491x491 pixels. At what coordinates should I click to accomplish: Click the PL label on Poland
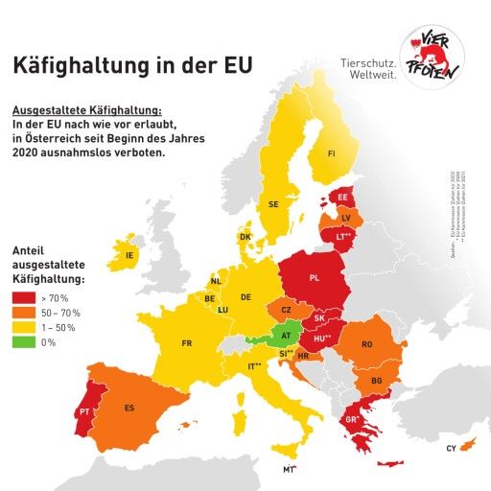(x=314, y=278)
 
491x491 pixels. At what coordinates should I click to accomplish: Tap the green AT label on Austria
(x=286, y=336)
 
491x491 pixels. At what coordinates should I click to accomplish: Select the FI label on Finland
(x=331, y=153)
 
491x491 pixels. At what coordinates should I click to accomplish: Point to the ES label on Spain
(x=129, y=408)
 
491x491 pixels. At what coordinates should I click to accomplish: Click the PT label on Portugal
(x=85, y=411)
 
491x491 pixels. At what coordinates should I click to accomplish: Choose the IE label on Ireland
(x=129, y=256)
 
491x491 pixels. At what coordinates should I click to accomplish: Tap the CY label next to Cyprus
(x=451, y=449)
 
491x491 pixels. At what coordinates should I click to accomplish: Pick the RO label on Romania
(x=366, y=344)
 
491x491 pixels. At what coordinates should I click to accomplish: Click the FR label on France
(x=187, y=343)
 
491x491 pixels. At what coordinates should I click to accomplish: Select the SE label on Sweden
(x=273, y=204)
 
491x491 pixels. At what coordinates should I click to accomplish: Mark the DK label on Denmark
(x=245, y=237)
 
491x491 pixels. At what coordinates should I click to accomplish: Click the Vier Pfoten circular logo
(x=431, y=58)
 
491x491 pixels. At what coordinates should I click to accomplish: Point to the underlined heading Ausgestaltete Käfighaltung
(x=86, y=110)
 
